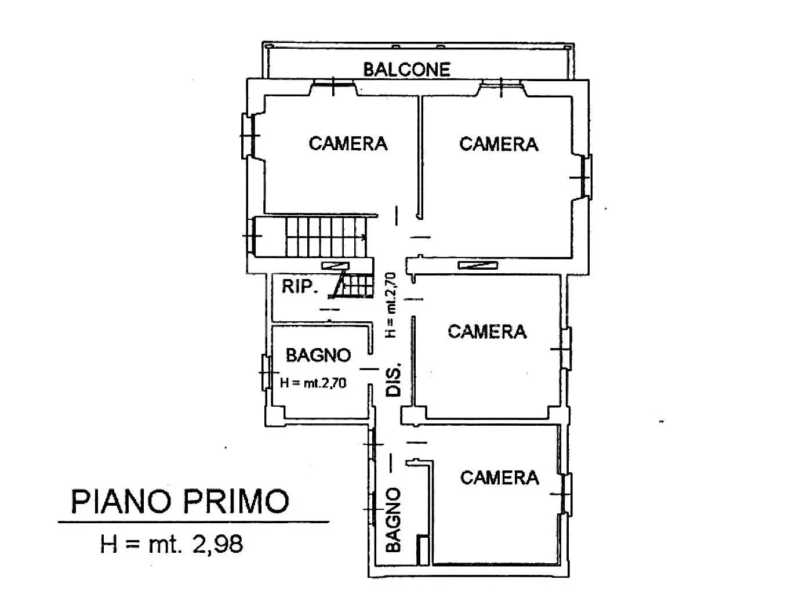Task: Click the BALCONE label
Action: pyautogui.click(x=406, y=70)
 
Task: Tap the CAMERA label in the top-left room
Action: pyautogui.click(x=348, y=143)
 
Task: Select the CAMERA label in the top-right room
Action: pyautogui.click(x=499, y=144)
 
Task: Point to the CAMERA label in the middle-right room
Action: pyautogui.click(x=487, y=332)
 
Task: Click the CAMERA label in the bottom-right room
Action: pyautogui.click(x=499, y=477)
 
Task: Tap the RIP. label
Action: pyautogui.click(x=299, y=287)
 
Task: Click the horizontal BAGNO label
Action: pyautogui.click(x=318, y=355)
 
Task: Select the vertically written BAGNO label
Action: pyautogui.click(x=393, y=520)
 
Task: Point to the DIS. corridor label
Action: pyautogui.click(x=394, y=379)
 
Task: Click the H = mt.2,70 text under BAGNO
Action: pyautogui.click(x=313, y=383)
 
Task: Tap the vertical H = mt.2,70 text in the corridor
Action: pyautogui.click(x=391, y=305)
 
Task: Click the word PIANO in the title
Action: pyautogui.click(x=121, y=501)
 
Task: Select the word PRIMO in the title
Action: pyautogui.click(x=236, y=501)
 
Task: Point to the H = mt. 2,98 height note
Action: pyautogui.click(x=172, y=544)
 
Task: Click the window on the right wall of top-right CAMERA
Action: pyautogui.click(x=586, y=177)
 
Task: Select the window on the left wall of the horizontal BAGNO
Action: pyautogui.click(x=265, y=372)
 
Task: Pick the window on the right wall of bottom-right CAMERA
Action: pyautogui.click(x=566, y=494)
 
